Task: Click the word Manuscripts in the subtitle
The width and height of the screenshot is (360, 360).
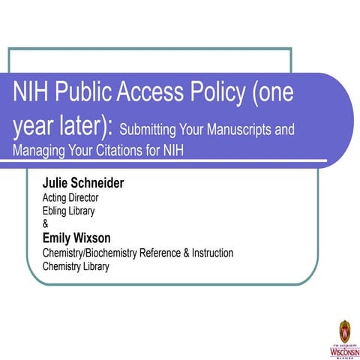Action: [248, 130]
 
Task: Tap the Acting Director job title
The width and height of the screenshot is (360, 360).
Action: [70, 198]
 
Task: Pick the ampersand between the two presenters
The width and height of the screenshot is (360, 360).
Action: [45, 223]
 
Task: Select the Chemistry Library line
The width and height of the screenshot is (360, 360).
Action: [76, 265]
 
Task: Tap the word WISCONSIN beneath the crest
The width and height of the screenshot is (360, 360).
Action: [343, 349]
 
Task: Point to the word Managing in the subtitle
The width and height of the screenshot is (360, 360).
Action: [37, 149]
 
